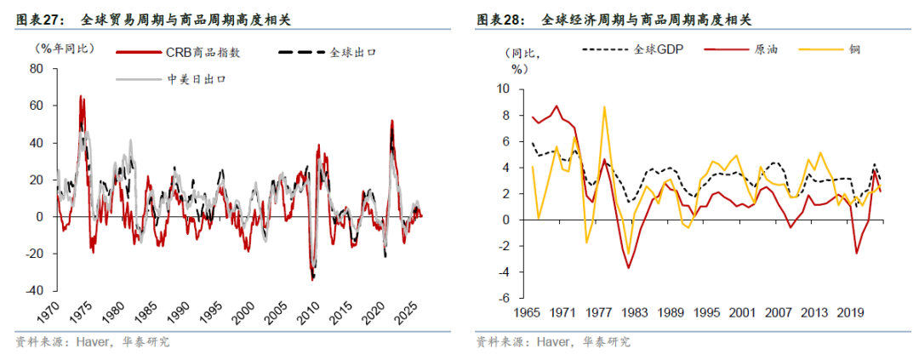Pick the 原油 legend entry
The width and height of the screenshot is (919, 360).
(764, 49)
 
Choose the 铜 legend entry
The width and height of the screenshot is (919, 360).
(854, 49)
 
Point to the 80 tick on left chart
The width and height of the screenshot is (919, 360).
(37, 70)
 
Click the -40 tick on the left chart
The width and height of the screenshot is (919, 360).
(34, 290)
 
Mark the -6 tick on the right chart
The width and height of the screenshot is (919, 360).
(503, 299)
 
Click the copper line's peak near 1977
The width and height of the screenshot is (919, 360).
(604, 107)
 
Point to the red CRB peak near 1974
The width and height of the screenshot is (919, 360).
(82, 96)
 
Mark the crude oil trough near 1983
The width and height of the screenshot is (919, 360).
(629, 268)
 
